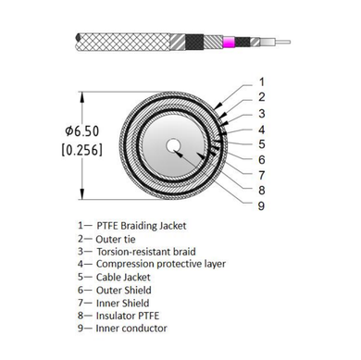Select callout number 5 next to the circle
tap(262, 143)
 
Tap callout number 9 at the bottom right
tap(262, 205)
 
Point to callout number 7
tap(262, 175)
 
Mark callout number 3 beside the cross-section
tap(262, 112)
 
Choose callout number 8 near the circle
tap(262, 190)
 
